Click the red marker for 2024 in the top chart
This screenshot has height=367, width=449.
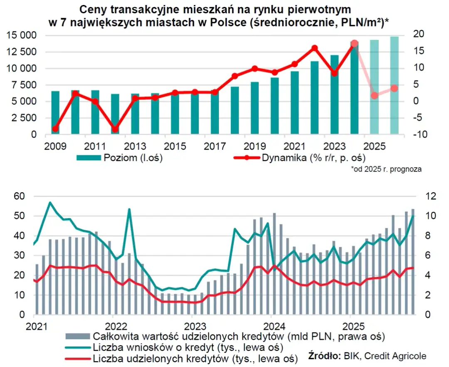click(354, 44)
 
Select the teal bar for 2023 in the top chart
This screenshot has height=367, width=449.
click(334, 94)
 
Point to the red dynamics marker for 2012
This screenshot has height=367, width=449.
click(115, 129)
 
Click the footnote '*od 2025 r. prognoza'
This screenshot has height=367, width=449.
click(386, 169)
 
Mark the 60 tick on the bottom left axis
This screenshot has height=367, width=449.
click(20, 196)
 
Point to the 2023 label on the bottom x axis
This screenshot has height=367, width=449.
click(192, 325)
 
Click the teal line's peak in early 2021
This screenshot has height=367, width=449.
click(50, 203)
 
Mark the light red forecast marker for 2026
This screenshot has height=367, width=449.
click(394, 88)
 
